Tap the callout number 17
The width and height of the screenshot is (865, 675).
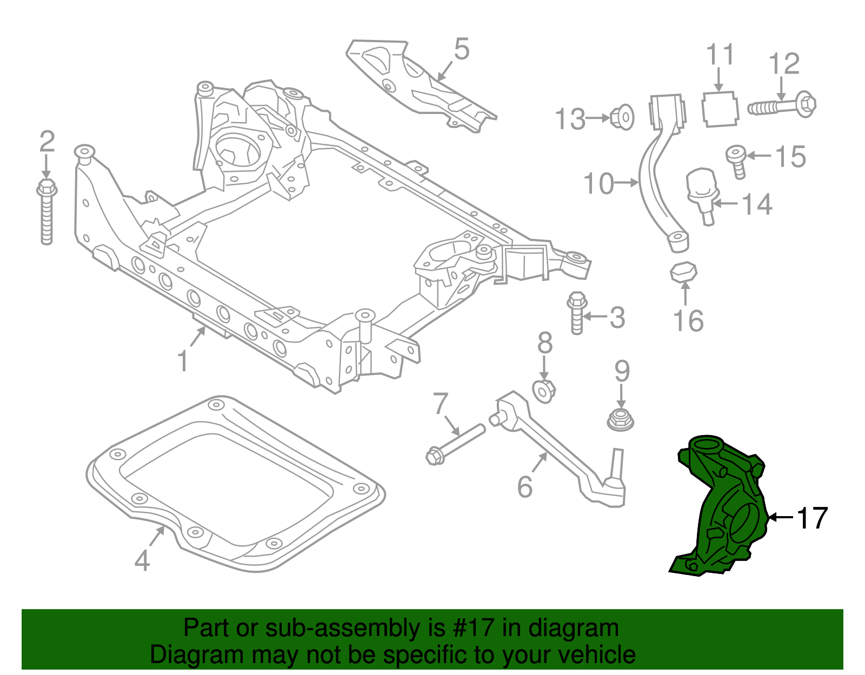click(x=811, y=518)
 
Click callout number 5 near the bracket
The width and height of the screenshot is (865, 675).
click(x=462, y=49)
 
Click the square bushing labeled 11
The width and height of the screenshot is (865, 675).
click(x=720, y=109)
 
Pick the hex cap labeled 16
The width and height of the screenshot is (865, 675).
click(x=684, y=271)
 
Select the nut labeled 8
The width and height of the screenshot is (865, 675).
click(x=544, y=390)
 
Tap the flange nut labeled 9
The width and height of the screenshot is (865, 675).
click(x=621, y=420)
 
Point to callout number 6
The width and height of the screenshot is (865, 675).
click(x=525, y=487)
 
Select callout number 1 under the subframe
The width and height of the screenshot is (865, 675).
click(x=183, y=361)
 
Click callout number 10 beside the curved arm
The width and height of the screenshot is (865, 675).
click(x=599, y=184)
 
